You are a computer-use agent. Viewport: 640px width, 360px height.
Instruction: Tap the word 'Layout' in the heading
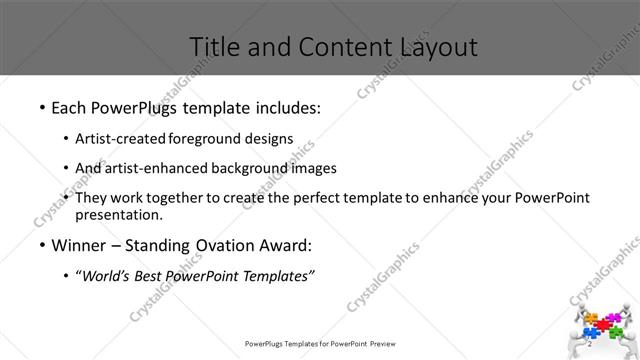pos(438,46)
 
